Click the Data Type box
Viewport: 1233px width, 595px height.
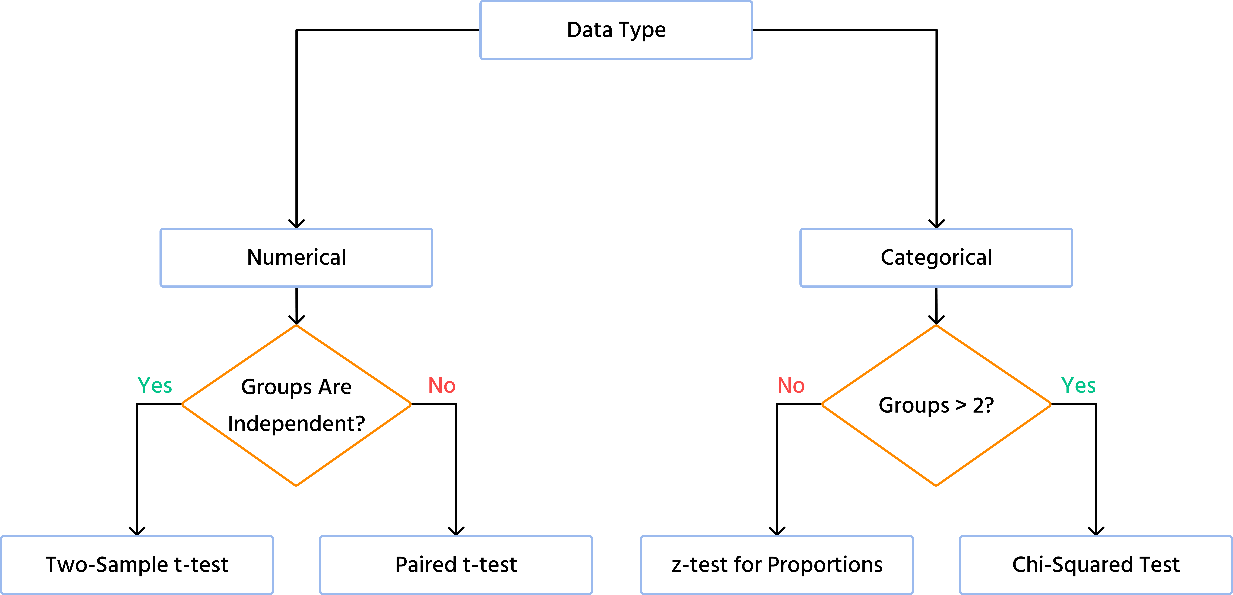616,30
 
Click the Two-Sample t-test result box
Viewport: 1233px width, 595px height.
137,565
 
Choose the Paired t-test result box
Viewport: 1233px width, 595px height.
456,565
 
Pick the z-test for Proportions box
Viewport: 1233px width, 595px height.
776,565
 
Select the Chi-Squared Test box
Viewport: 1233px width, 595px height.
1096,565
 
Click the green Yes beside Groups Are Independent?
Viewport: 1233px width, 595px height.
155,386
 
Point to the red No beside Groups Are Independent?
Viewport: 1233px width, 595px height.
442,386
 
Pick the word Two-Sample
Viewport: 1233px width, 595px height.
106,565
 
